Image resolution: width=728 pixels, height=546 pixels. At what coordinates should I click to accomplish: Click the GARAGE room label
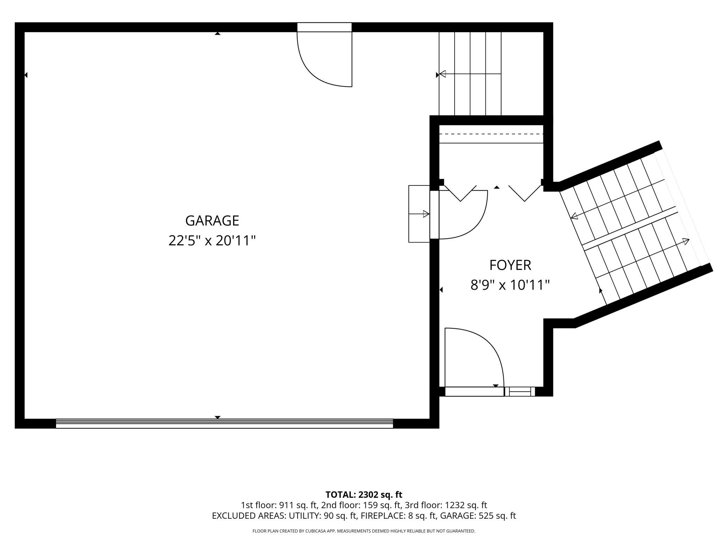(212, 220)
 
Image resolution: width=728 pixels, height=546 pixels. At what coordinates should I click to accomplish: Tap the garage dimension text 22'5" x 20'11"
(212, 241)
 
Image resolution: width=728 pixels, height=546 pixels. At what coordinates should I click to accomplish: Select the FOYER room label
(510, 265)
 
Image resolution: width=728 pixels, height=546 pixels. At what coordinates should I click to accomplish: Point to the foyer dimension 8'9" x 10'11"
(510, 285)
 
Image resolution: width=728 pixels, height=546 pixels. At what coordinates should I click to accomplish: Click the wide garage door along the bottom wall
(224, 423)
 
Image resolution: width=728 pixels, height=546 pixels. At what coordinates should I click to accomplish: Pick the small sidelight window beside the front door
(520, 391)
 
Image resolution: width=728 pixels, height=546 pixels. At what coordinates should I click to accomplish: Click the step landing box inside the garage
(419, 214)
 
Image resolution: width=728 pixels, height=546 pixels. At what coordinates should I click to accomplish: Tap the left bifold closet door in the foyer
(460, 194)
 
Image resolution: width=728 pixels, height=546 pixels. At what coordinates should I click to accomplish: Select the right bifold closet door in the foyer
(525, 194)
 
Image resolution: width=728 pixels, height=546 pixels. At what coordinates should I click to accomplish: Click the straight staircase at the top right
(470, 73)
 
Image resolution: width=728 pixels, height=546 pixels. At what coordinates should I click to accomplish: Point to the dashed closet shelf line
(491, 134)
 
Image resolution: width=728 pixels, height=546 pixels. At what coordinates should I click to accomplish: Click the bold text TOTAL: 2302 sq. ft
(364, 495)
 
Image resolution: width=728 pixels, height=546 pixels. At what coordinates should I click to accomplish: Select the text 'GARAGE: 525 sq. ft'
(478, 516)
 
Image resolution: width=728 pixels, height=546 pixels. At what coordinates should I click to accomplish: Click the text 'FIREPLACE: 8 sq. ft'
(398, 516)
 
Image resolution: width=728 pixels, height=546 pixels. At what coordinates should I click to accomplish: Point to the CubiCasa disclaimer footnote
(364, 531)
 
